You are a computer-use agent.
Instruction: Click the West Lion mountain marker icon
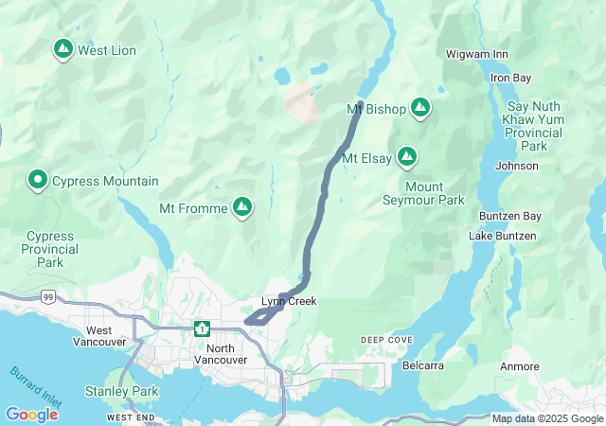pos(63,49)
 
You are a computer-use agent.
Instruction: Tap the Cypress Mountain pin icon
pos(38,180)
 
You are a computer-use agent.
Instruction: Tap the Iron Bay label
pos(510,78)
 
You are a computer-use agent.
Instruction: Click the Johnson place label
pos(516,166)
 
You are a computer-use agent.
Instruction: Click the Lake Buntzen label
pos(502,235)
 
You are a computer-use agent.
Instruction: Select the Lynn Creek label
pos(289,302)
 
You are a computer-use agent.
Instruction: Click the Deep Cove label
pos(386,340)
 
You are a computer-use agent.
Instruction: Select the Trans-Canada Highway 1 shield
pos(202,328)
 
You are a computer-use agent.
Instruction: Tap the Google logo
pos(31,414)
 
